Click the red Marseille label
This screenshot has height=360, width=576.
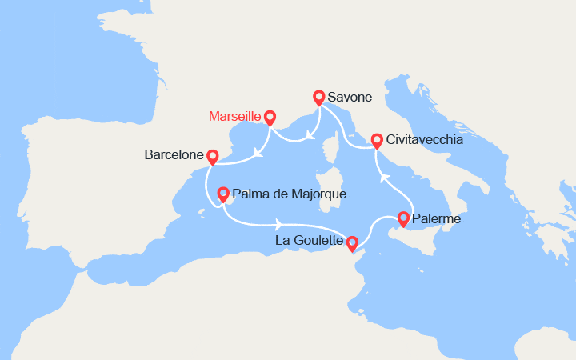[x=234, y=116]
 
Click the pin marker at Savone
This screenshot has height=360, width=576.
[x=318, y=97]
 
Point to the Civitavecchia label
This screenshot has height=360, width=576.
[x=423, y=139]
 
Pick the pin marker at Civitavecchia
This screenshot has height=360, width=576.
[x=376, y=140]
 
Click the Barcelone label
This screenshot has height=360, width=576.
[x=173, y=155]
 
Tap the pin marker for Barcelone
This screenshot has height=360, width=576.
[x=212, y=157]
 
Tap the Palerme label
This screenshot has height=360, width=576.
[x=438, y=218]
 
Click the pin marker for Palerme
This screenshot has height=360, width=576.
[x=403, y=218]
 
